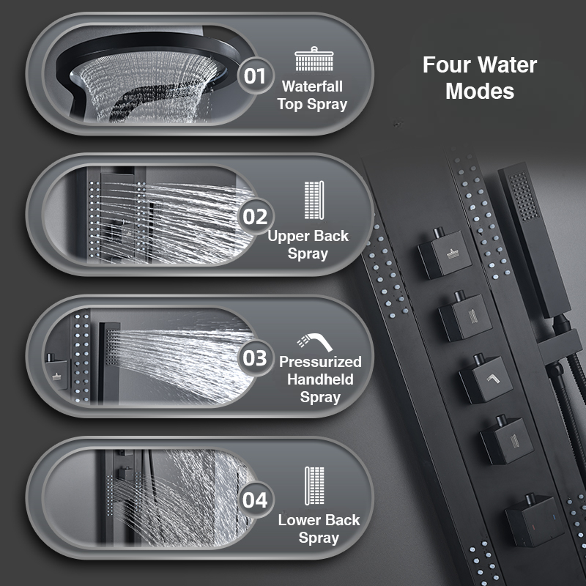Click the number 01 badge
pyautogui.click(x=255, y=76)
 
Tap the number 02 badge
pyautogui.click(x=255, y=217)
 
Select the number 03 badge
pyautogui.click(x=255, y=358)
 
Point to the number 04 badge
pyautogui.click(x=255, y=500)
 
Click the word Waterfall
pyautogui.click(x=312, y=86)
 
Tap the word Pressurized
pyautogui.click(x=320, y=362)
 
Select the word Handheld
pyautogui.click(x=320, y=379)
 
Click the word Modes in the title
pyautogui.click(x=480, y=91)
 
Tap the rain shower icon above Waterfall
pyautogui.click(x=314, y=59)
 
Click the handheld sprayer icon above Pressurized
pyautogui.click(x=315, y=342)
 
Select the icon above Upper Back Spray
pyautogui.click(x=314, y=200)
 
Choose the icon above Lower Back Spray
pyautogui.click(x=314, y=486)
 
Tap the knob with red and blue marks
pyautogui.click(x=535, y=520)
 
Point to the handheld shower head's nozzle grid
pyautogui.click(x=524, y=196)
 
